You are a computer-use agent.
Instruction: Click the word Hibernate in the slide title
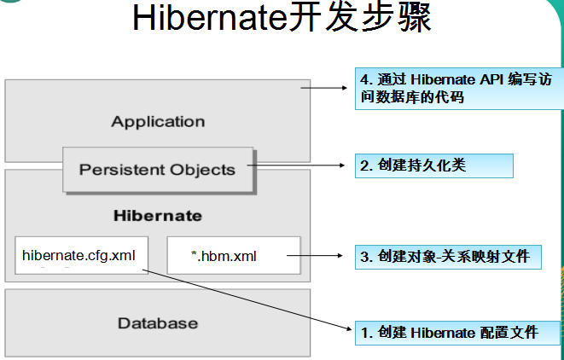click(210, 17)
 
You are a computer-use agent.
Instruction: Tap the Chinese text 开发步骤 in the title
click(360, 17)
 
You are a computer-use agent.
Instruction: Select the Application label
click(158, 122)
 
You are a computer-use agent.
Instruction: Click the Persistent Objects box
click(158, 170)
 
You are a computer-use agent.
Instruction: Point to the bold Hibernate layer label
click(158, 216)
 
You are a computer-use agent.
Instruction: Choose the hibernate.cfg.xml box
click(81, 255)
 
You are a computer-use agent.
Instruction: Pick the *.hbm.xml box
click(234, 255)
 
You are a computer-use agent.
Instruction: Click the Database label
click(158, 323)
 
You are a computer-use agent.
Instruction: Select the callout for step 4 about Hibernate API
click(459, 89)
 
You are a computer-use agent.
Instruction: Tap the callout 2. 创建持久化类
click(434, 165)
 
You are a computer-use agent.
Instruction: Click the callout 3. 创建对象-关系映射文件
click(448, 257)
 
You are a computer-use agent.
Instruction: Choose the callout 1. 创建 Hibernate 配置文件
click(457, 333)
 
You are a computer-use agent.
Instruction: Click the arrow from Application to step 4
click(323, 88)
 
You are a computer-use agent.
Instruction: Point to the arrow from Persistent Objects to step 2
click(296, 165)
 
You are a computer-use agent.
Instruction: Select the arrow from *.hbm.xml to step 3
click(315, 256)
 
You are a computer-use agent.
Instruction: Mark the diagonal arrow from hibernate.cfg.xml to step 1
click(247, 299)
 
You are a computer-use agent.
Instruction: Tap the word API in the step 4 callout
click(491, 79)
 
